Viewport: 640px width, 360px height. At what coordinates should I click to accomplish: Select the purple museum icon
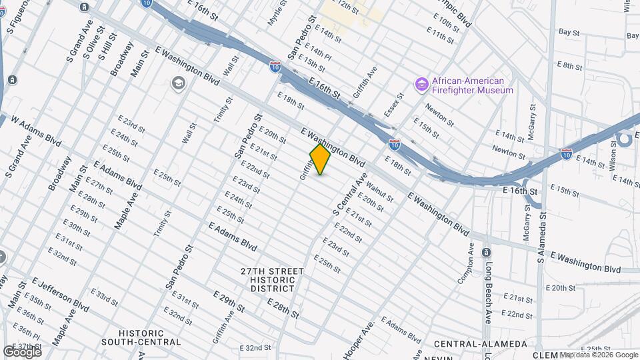tap(421, 85)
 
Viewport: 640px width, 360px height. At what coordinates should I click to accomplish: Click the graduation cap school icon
tap(178, 83)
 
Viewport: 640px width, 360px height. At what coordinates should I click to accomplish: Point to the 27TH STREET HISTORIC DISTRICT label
tap(272, 280)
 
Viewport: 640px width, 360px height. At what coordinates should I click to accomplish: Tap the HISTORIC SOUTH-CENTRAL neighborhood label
tap(141, 337)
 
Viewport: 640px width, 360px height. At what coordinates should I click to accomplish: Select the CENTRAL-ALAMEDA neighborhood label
tap(480, 344)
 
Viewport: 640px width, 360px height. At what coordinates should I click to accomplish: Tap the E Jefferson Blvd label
tap(60, 295)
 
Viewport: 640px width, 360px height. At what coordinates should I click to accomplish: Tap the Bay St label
tap(568, 31)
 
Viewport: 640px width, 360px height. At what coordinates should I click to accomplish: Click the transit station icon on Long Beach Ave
tap(486, 253)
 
